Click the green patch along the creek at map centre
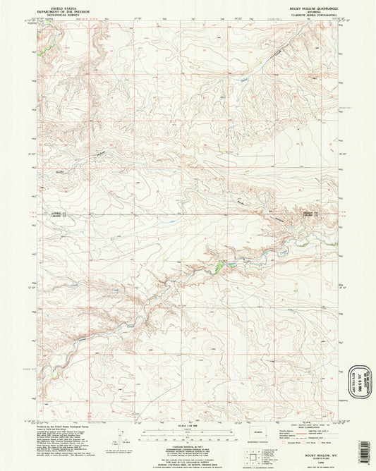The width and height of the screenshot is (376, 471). coord(223,265)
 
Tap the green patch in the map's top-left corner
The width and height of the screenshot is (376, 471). coord(42,50)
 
